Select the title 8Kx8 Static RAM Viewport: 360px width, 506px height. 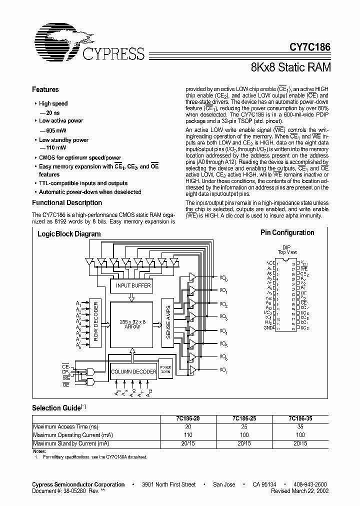290,66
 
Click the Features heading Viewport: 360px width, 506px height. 45,89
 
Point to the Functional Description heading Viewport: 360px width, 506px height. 67,202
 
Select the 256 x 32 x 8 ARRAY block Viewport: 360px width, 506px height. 131,323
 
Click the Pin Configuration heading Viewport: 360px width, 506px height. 287,232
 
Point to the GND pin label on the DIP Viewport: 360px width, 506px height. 268,328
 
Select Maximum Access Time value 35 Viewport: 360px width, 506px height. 300,426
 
